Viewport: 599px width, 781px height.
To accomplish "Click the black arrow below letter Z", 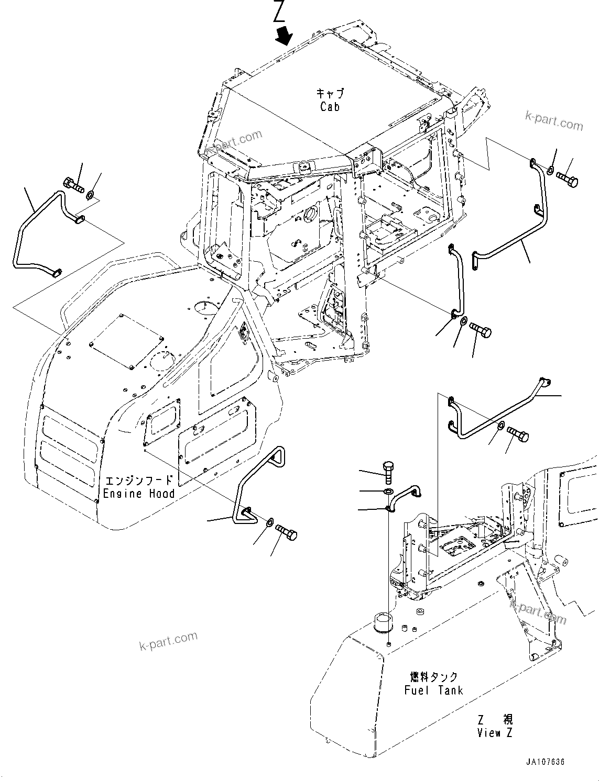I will pyautogui.click(x=285, y=36).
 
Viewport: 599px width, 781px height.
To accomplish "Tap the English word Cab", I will pyautogui.click(x=330, y=107).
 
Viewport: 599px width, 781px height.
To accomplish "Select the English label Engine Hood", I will pyautogui.click(x=139, y=494).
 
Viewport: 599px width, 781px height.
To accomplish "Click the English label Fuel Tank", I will pyautogui.click(x=433, y=690).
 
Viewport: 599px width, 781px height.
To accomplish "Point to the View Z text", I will pyautogui.click(x=495, y=732).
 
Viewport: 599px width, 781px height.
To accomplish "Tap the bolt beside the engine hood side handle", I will pyautogui.click(x=286, y=532).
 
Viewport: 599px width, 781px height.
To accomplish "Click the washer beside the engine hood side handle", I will pyautogui.click(x=269, y=521).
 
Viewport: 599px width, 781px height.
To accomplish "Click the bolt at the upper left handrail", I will pyautogui.click(x=72, y=184).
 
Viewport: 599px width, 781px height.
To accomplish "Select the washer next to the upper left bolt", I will pyautogui.click(x=90, y=195).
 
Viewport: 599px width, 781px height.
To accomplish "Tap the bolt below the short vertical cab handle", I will pyautogui.click(x=481, y=331).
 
